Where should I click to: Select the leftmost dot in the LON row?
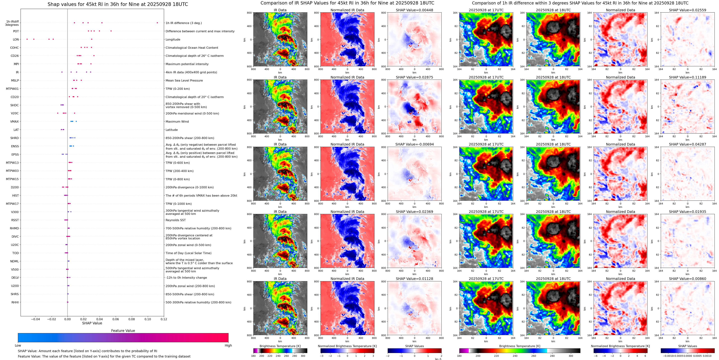(27, 39)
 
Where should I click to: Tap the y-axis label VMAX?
(15, 121)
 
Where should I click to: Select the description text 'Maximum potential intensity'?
(187, 64)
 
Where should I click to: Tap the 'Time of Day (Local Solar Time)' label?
(188, 253)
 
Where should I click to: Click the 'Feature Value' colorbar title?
(123, 331)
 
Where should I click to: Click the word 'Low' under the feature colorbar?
(18, 345)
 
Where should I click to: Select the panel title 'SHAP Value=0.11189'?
(687, 77)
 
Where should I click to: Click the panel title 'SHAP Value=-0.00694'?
(415, 144)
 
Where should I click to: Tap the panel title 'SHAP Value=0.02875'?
(415, 77)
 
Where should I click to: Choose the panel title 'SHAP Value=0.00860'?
(687, 279)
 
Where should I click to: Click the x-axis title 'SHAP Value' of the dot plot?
(92, 323)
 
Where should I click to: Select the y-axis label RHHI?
(15, 302)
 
